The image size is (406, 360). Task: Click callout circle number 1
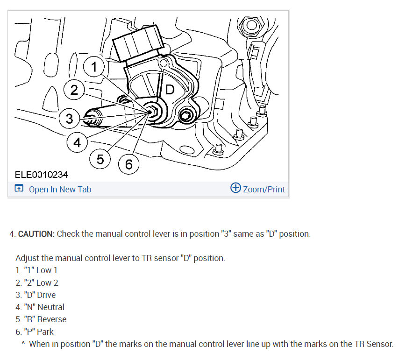coord(94,67)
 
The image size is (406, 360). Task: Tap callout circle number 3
coord(69,118)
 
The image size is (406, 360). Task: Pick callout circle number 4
coord(77,141)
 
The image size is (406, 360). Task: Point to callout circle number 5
coord(100,159)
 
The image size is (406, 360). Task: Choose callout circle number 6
coord(128,164)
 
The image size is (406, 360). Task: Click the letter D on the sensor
coord(170,90)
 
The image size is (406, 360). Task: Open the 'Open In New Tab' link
coord(60,189)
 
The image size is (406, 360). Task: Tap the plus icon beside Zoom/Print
coord(235,188)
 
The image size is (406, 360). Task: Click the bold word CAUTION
coord(36,234)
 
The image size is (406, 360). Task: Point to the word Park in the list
coord(45,332)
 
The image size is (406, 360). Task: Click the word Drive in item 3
coord(46,295)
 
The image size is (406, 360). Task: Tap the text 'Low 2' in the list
coord(47,282)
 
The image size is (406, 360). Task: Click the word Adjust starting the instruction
coord(27,258)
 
